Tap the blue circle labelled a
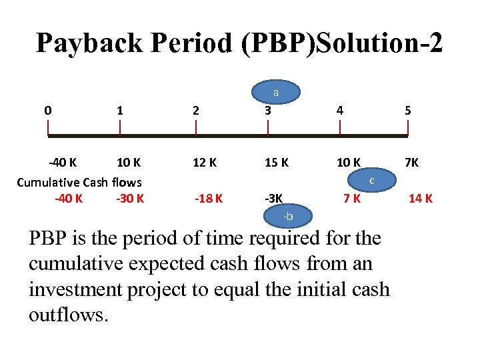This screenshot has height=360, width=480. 276,93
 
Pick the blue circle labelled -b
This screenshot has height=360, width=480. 287,217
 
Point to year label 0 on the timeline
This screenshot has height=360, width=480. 47,110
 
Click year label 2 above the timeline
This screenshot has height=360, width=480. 195,110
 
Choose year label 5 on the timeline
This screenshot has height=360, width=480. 408,110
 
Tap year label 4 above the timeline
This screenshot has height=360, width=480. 340,110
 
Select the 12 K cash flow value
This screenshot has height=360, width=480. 204,162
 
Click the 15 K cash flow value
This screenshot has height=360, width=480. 277,162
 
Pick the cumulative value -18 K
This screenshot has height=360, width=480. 209,198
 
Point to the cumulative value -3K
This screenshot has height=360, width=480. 274,198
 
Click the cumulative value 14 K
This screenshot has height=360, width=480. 421,198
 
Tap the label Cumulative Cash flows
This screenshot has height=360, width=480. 79,182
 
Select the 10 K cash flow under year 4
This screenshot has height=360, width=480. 349,162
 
